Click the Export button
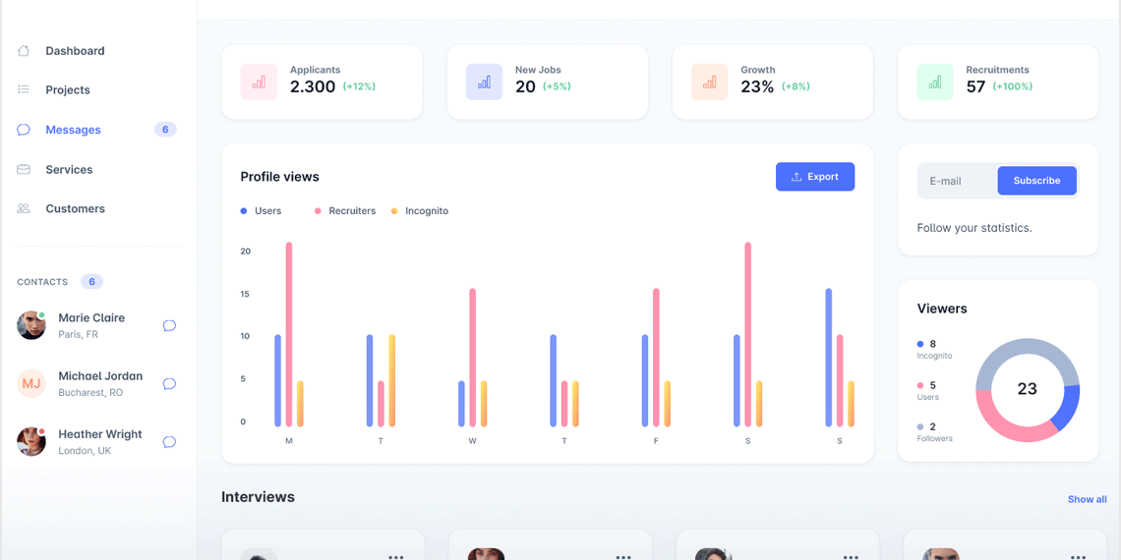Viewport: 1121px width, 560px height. pos(814,177)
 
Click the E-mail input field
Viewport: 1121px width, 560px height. pos(955,181)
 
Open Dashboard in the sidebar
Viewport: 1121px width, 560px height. pos(75,51)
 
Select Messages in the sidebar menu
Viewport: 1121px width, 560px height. pos(73,130)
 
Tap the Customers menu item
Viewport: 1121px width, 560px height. pos(75,209)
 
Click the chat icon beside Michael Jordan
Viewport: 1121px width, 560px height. pos(169,384)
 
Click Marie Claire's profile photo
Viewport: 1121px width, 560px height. pos(31,325)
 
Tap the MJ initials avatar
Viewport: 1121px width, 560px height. pos(31,383)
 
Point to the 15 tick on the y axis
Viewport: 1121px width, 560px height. pos(245,294)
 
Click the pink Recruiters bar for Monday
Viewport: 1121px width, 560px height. pos(289,334)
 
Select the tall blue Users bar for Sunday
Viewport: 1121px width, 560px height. pos(828,358)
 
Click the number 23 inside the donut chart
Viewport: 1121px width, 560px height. pos(1027,389)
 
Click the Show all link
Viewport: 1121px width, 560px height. pos(1087,499)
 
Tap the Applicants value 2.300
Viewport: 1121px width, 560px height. pos(313,86)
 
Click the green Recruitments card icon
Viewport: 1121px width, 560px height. pos(935,83)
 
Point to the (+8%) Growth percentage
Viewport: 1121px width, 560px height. pos(796,86)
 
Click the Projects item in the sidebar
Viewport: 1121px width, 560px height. pos(68,90)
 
